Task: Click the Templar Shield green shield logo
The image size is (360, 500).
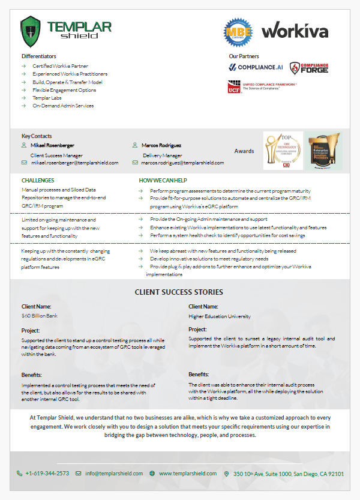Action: point(31,31)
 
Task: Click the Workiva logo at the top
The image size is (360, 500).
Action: point(295,29)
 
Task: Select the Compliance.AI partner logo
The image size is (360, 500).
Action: point(256,67)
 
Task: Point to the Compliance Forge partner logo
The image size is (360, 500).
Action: point(308,68)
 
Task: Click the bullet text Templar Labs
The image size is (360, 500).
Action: point(47,97)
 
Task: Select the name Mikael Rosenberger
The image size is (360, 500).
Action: point(52,145)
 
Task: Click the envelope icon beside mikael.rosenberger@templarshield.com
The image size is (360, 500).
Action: point(25,163)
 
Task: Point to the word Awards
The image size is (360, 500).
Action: point(244,151)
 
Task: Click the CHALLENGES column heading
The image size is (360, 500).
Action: point(38,180)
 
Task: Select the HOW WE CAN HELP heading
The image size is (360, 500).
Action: point(163,180)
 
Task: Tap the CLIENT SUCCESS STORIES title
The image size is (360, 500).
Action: point(179,292)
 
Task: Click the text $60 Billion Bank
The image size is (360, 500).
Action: point(39,315)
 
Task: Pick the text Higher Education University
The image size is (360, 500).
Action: point(220,316)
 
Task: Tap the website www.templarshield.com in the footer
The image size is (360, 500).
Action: point(187,473)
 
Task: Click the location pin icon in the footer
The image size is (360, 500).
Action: point(226,473)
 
